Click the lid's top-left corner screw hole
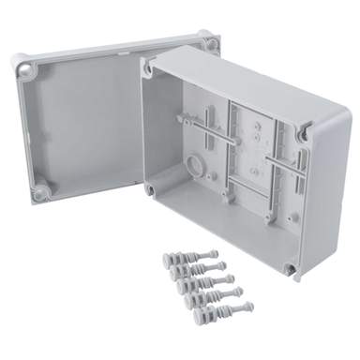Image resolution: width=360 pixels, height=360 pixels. [x=26, y=68]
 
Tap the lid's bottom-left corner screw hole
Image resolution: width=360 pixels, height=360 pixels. [x=41, y=192]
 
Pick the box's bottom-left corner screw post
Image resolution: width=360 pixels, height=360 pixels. [x=151, y=187]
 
